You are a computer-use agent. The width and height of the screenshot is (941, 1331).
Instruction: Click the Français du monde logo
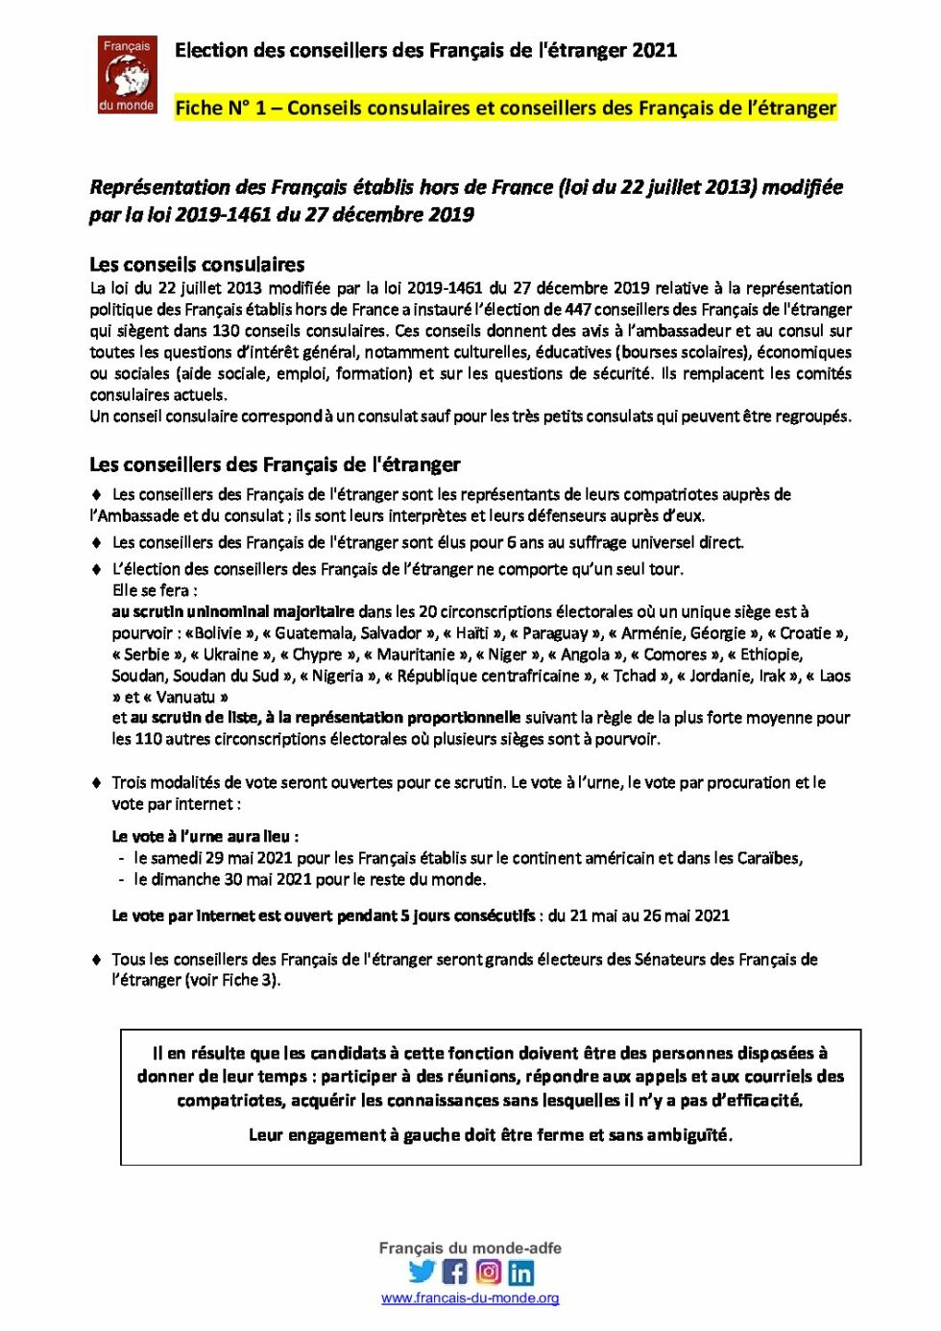click(x=127, y=75)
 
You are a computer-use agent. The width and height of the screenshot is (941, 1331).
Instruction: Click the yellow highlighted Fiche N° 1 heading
click(x=505, y=107)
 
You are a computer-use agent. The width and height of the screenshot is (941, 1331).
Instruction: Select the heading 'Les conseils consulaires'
click(x=197, y=264)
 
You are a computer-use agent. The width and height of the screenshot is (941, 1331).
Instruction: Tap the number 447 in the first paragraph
click(x=578, y=309)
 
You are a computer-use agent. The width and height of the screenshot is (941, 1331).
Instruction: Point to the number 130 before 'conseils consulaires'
click(x=226, y=330)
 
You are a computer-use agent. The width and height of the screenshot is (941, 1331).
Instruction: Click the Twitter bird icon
click(x=422, y=1272)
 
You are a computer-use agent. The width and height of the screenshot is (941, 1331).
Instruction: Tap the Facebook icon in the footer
click(x=455, y=1272)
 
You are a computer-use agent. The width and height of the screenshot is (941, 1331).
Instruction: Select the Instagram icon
click(x=489, y=1272)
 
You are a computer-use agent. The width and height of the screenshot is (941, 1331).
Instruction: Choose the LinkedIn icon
click(x=521, y=1272)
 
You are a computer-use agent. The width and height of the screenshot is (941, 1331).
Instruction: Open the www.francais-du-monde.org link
click(x=470, y=1297)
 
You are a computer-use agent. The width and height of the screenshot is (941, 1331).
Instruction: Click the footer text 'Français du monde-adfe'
click(x=470, y=1248)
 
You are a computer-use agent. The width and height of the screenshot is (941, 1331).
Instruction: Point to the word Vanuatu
click(x=185, y=697)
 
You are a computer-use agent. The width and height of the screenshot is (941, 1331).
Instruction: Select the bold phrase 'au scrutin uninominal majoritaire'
click(x=233, y=611)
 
